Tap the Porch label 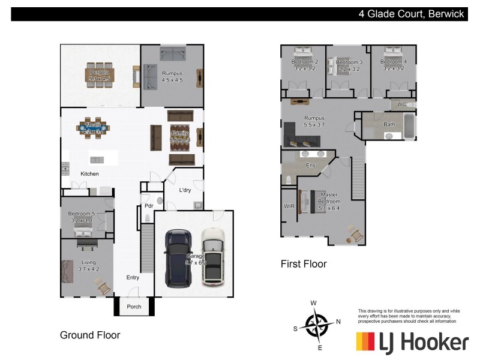[134, 307]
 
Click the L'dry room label [185, 190]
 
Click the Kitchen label [90, 174]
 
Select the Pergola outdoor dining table [100, 76]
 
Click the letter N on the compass [338, 322]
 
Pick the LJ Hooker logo [412, 342]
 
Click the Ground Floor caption [90, 335]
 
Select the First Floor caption [304, 263]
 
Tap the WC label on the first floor [401, 104]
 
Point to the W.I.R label [289, 206]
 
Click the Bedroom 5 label [81, 214]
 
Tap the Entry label [133, 277]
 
